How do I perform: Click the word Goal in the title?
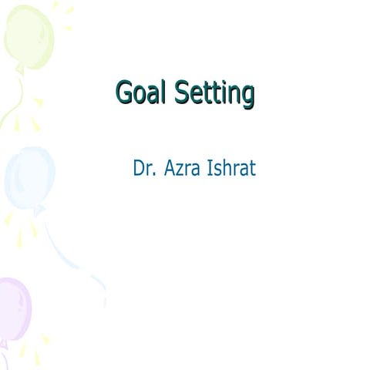pos(141,92)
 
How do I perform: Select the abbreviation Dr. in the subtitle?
pos(143,168)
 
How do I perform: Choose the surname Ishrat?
pos(231,168)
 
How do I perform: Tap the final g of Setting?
pos(247,96)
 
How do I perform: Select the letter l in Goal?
pos(163,92)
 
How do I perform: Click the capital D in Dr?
pos(139,168)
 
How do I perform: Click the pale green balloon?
pos(28,35)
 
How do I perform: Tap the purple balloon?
pos(14,308)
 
